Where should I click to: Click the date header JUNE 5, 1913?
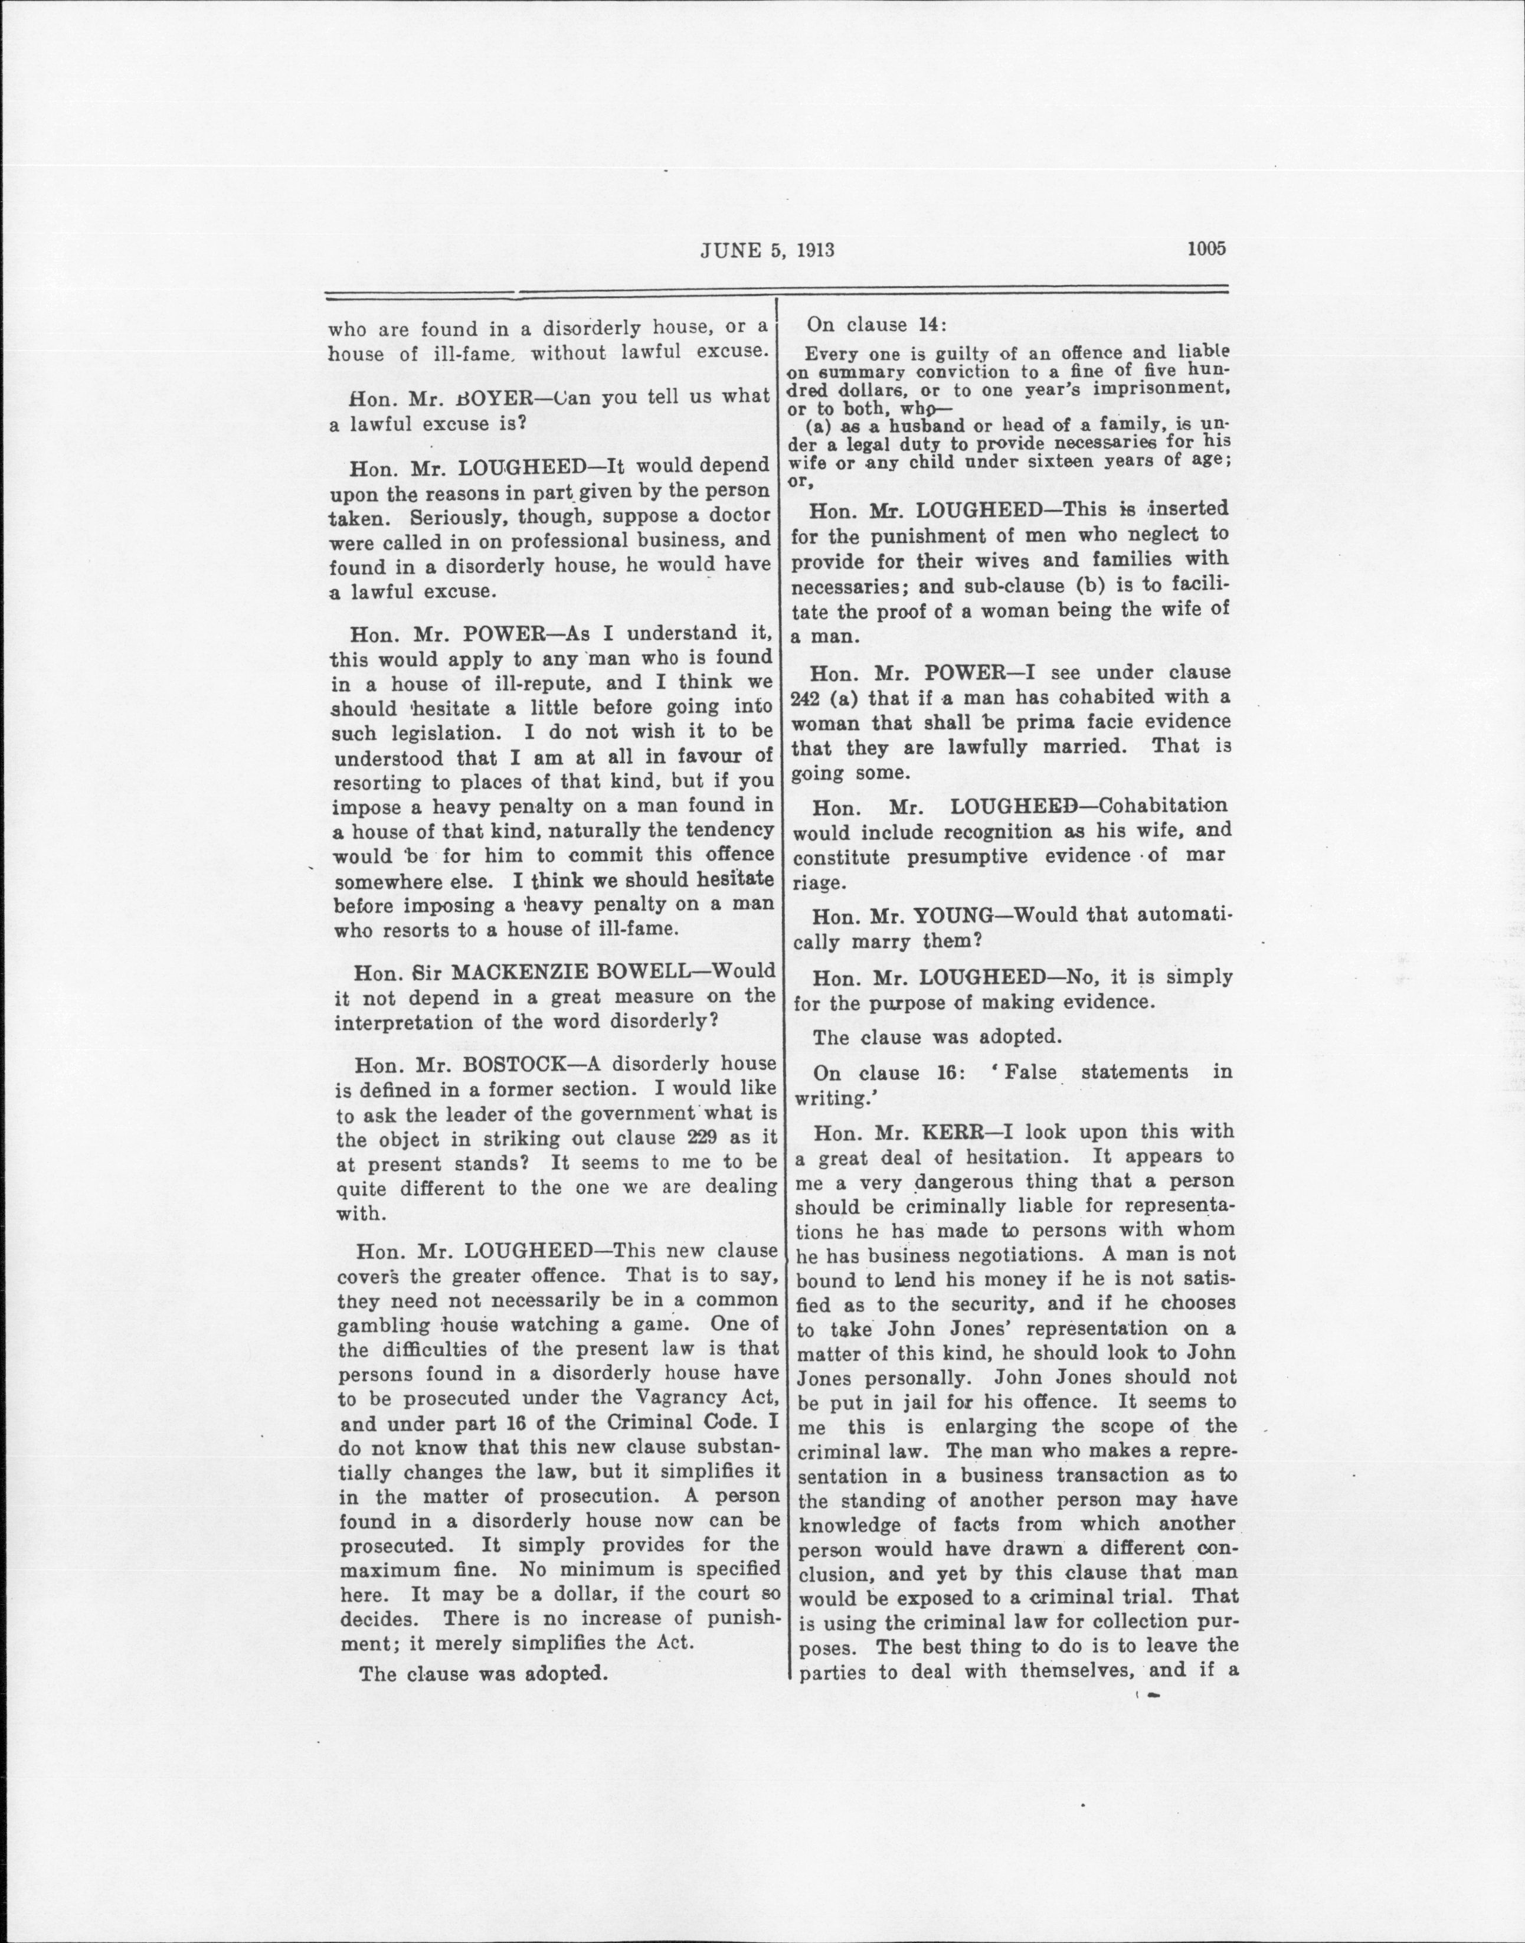pyautogui.click(x=767, y=250)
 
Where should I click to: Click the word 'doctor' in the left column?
pyautogui.click(x=740, y=516)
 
